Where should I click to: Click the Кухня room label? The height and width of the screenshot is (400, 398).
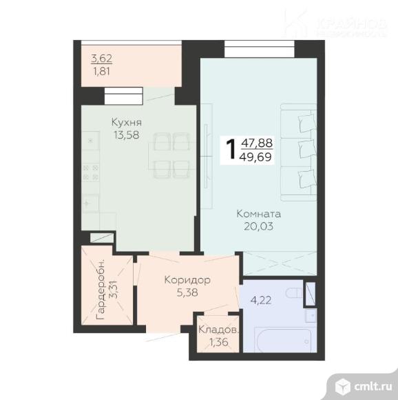tap(127, 123)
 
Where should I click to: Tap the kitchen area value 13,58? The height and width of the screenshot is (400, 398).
tap(127, 135)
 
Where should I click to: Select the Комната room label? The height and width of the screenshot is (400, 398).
tap(259, 214)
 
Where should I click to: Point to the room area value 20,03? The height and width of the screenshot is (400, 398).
tap(259, 226)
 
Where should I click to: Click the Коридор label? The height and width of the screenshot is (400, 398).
tap(187, 280)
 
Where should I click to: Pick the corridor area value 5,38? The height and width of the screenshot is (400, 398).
tap(186, 292)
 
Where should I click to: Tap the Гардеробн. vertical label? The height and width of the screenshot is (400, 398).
tap(101, 288)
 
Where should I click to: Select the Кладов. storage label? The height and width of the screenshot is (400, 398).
tap(218, 330)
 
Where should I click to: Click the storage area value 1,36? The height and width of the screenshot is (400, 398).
tap(218, 341)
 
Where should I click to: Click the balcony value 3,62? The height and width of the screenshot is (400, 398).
tap(102, 58)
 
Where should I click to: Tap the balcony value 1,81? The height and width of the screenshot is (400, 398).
tap(102, 70)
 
